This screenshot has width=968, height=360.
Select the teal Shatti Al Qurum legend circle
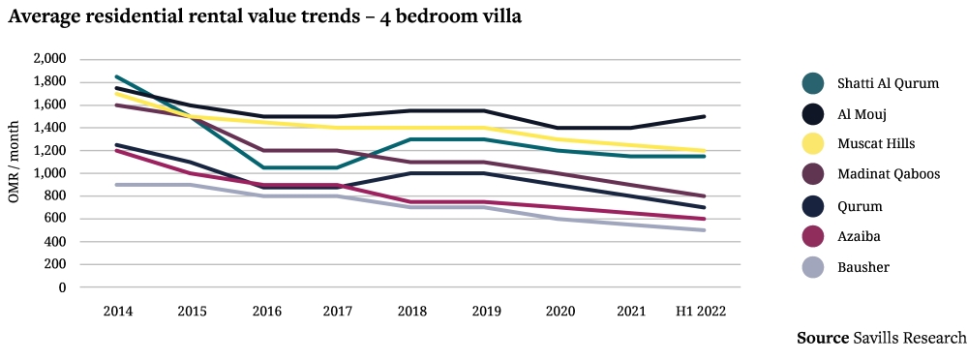(x=813, y=83)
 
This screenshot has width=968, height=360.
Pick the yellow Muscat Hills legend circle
(x=813, y=144)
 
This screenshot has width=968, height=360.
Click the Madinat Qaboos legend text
(x=885, y=175)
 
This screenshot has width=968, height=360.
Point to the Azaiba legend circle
(x=813, y=236)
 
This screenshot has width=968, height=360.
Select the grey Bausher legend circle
(x=813, y=266)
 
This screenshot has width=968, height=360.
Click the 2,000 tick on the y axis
(x=48, y=59)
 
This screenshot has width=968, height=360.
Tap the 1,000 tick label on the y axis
(x=48, y=173)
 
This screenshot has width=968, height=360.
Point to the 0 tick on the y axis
(x=62, y=287)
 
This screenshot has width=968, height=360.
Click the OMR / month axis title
(x=14, y=172)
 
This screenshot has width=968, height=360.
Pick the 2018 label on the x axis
(x=410, y=311)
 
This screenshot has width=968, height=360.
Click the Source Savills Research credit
(x=880, y=338)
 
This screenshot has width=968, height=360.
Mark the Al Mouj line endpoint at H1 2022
(x=704, y=116)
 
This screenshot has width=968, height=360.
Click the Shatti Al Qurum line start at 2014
(x=117, y=76)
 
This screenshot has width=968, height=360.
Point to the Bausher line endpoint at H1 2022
(x=704, y=230)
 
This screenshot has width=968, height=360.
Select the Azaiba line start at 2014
(x=117, y=150)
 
